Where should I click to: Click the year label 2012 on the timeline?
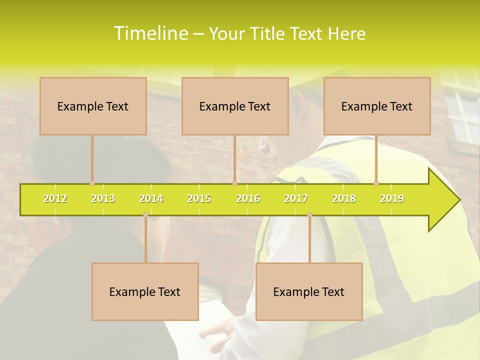pos(55,198)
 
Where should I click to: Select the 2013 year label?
pos(103,198)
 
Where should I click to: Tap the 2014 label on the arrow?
pos(151,198)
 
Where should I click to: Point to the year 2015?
pos(199,198)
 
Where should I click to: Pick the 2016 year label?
pos(248,198)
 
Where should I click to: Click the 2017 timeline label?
pos(296,198)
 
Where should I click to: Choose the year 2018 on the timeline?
pos(344,198)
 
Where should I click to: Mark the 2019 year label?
pos(392,198)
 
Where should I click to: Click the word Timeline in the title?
pos(150,33)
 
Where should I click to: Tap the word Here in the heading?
pos(346,33)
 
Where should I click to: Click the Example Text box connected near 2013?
pos(93,106)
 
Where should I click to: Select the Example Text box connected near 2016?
pos(235,106)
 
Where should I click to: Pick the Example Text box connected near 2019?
pos(377,106)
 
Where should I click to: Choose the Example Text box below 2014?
pos(145,291)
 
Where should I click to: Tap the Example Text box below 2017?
pos(309,291)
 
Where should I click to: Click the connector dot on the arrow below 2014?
pos(145,215)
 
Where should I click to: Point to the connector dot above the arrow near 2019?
pos(376,183)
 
